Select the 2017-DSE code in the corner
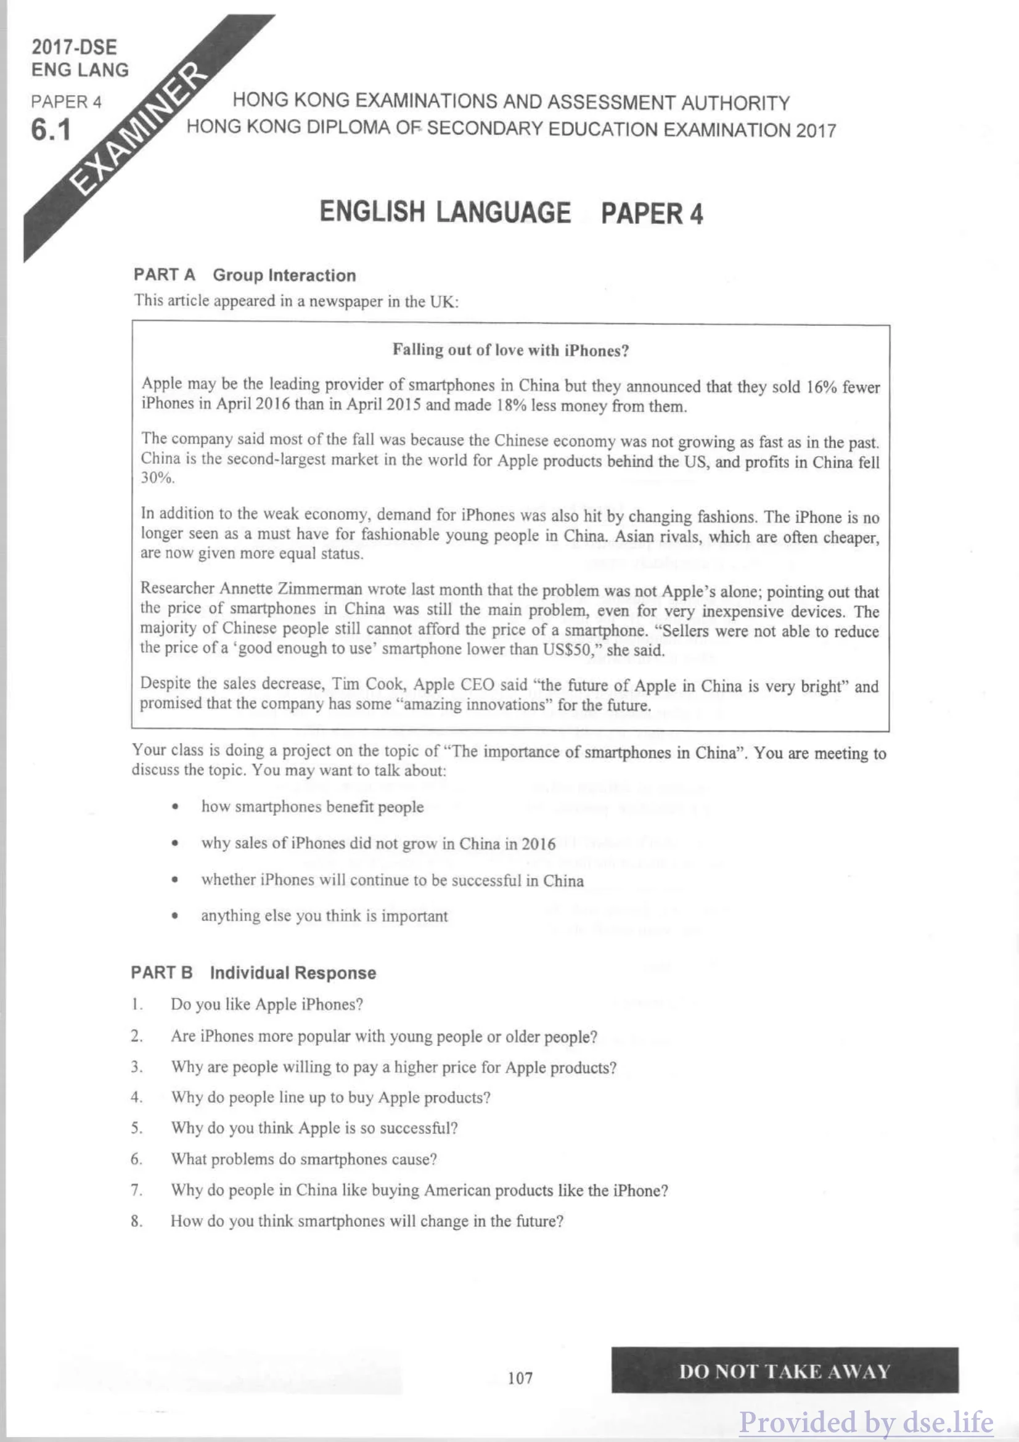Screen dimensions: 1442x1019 point(74,47)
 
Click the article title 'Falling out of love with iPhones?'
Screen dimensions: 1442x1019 point(510,350)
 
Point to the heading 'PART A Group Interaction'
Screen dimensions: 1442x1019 point(244,275)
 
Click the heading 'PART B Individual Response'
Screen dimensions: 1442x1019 point(253,973)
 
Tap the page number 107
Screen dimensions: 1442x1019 point(520,1378)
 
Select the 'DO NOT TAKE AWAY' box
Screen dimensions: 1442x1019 point(784,1371)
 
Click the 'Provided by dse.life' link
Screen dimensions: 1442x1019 point(866,1422)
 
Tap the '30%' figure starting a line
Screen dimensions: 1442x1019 point(157,478)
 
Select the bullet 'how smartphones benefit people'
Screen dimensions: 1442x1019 point(312,807)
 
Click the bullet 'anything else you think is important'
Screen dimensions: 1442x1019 point(324,916)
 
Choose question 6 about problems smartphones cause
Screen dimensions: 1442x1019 point(303,1159)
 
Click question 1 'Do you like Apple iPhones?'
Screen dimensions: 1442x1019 point(266,1004)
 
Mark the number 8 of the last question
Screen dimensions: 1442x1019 point(136,1221)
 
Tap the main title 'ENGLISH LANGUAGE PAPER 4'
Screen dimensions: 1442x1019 point(511,212)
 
